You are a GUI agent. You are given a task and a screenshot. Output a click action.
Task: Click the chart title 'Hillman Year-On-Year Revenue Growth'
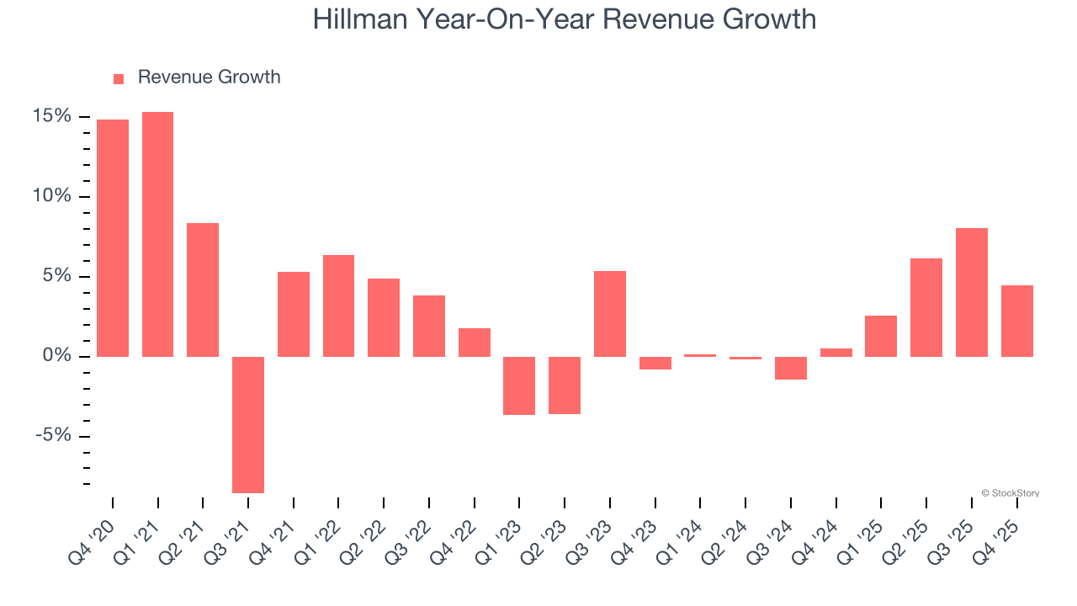click(x=565, y=19)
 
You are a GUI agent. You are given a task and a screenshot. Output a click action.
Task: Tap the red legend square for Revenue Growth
click(x=119, y=78)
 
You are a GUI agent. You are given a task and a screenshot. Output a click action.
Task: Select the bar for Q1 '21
click(x=158, y=234)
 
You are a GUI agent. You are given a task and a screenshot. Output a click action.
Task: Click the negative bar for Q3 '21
click(x=248, y=424)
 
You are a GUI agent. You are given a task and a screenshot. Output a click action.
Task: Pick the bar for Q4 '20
click(x=113, y=238)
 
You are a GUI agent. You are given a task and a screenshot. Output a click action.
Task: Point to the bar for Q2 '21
click(x=203, y=290)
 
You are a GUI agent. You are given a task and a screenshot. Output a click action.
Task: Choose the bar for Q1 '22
click(x=338, y=306)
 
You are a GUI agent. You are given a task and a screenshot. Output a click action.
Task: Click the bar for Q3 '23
click(x=610, y=314)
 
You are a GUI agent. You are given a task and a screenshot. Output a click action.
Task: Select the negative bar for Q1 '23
click(x=519, y=385)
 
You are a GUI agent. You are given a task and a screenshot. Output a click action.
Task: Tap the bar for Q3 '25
click(x=972, y=292)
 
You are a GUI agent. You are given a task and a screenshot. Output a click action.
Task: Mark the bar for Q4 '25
click(x=1017, y=321)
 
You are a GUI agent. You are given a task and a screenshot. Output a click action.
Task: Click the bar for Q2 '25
click(x=926, y=307)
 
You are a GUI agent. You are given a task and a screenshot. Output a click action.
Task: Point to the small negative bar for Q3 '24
click(x=791, y=368)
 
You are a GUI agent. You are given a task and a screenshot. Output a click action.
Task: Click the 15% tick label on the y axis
click(x=52, y=116)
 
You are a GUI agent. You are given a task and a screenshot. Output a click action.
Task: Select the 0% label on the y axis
click(x=56, y=356)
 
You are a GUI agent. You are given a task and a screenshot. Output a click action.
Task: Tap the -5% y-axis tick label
click(x=52, y=436)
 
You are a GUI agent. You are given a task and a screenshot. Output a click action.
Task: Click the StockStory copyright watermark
click(x=1010, y=493)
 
